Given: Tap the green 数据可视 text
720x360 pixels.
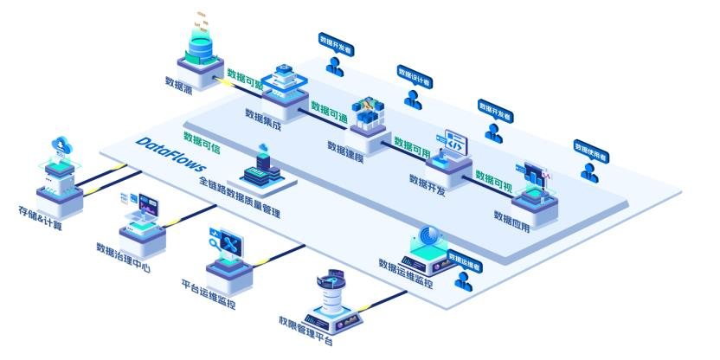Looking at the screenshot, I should click(494, 178).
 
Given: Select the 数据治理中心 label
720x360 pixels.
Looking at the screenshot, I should click(124, 256).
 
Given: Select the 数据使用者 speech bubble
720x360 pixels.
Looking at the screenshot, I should click(591, 146).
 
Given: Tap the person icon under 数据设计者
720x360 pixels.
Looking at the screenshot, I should click(414, 100).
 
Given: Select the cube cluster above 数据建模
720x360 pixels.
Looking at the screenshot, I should click(363, 112).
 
